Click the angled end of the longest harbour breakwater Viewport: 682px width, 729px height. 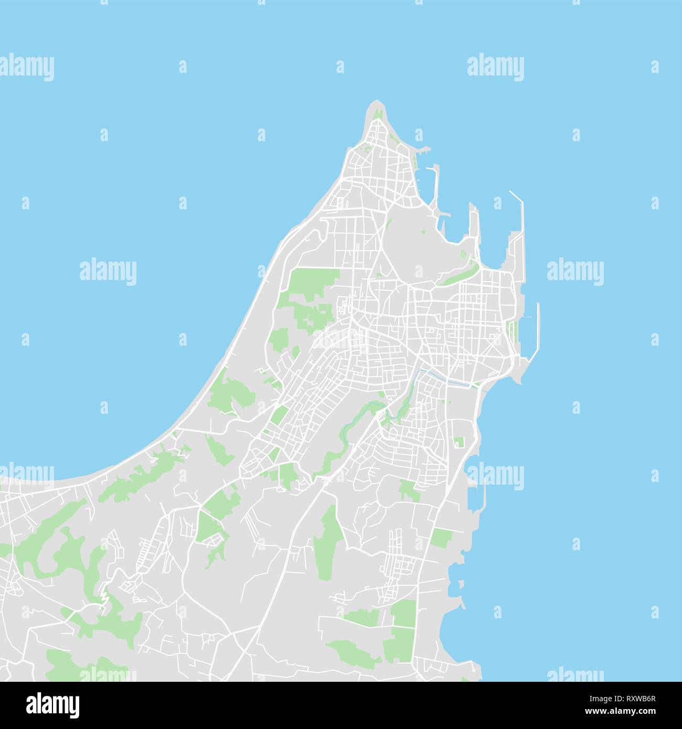point(514,195)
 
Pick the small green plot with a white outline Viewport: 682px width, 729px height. point(460,442)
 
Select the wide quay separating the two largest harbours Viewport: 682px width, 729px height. point(475,231)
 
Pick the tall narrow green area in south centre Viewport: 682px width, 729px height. point(327,535)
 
